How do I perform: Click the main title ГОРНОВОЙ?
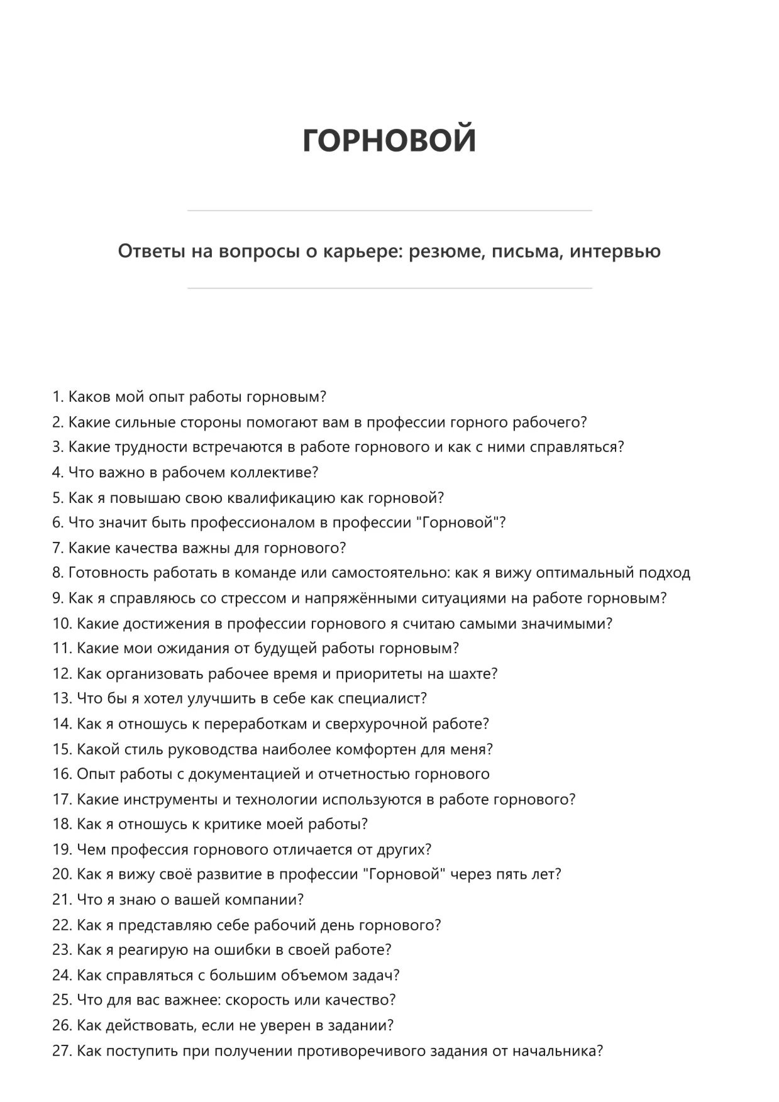(389, 140)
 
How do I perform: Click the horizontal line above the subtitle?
(389, 211)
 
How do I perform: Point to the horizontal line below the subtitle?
(389, 289)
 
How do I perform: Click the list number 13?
(62, 698)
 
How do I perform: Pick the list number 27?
(62, 1050)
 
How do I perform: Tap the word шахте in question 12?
(472, 673)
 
